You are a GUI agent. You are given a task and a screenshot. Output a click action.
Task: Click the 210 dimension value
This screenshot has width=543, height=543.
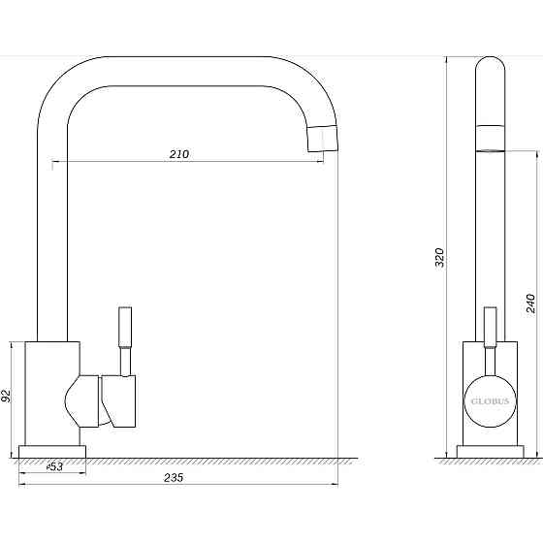tap(178, 153)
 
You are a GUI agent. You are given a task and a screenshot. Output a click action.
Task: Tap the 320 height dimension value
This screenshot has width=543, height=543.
tap(438, 257)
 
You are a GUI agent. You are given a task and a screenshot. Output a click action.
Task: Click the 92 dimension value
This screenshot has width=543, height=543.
tap(8, 396)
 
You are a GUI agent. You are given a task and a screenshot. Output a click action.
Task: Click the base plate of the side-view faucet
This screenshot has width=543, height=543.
tap(53, 451)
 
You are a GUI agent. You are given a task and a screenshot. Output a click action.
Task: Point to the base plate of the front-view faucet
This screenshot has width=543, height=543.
tap(489, 451)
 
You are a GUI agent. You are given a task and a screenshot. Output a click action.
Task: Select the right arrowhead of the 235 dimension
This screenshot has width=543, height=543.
tap(336, 482)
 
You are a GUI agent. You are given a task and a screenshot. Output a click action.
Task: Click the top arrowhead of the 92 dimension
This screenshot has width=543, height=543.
tap(13, 343)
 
